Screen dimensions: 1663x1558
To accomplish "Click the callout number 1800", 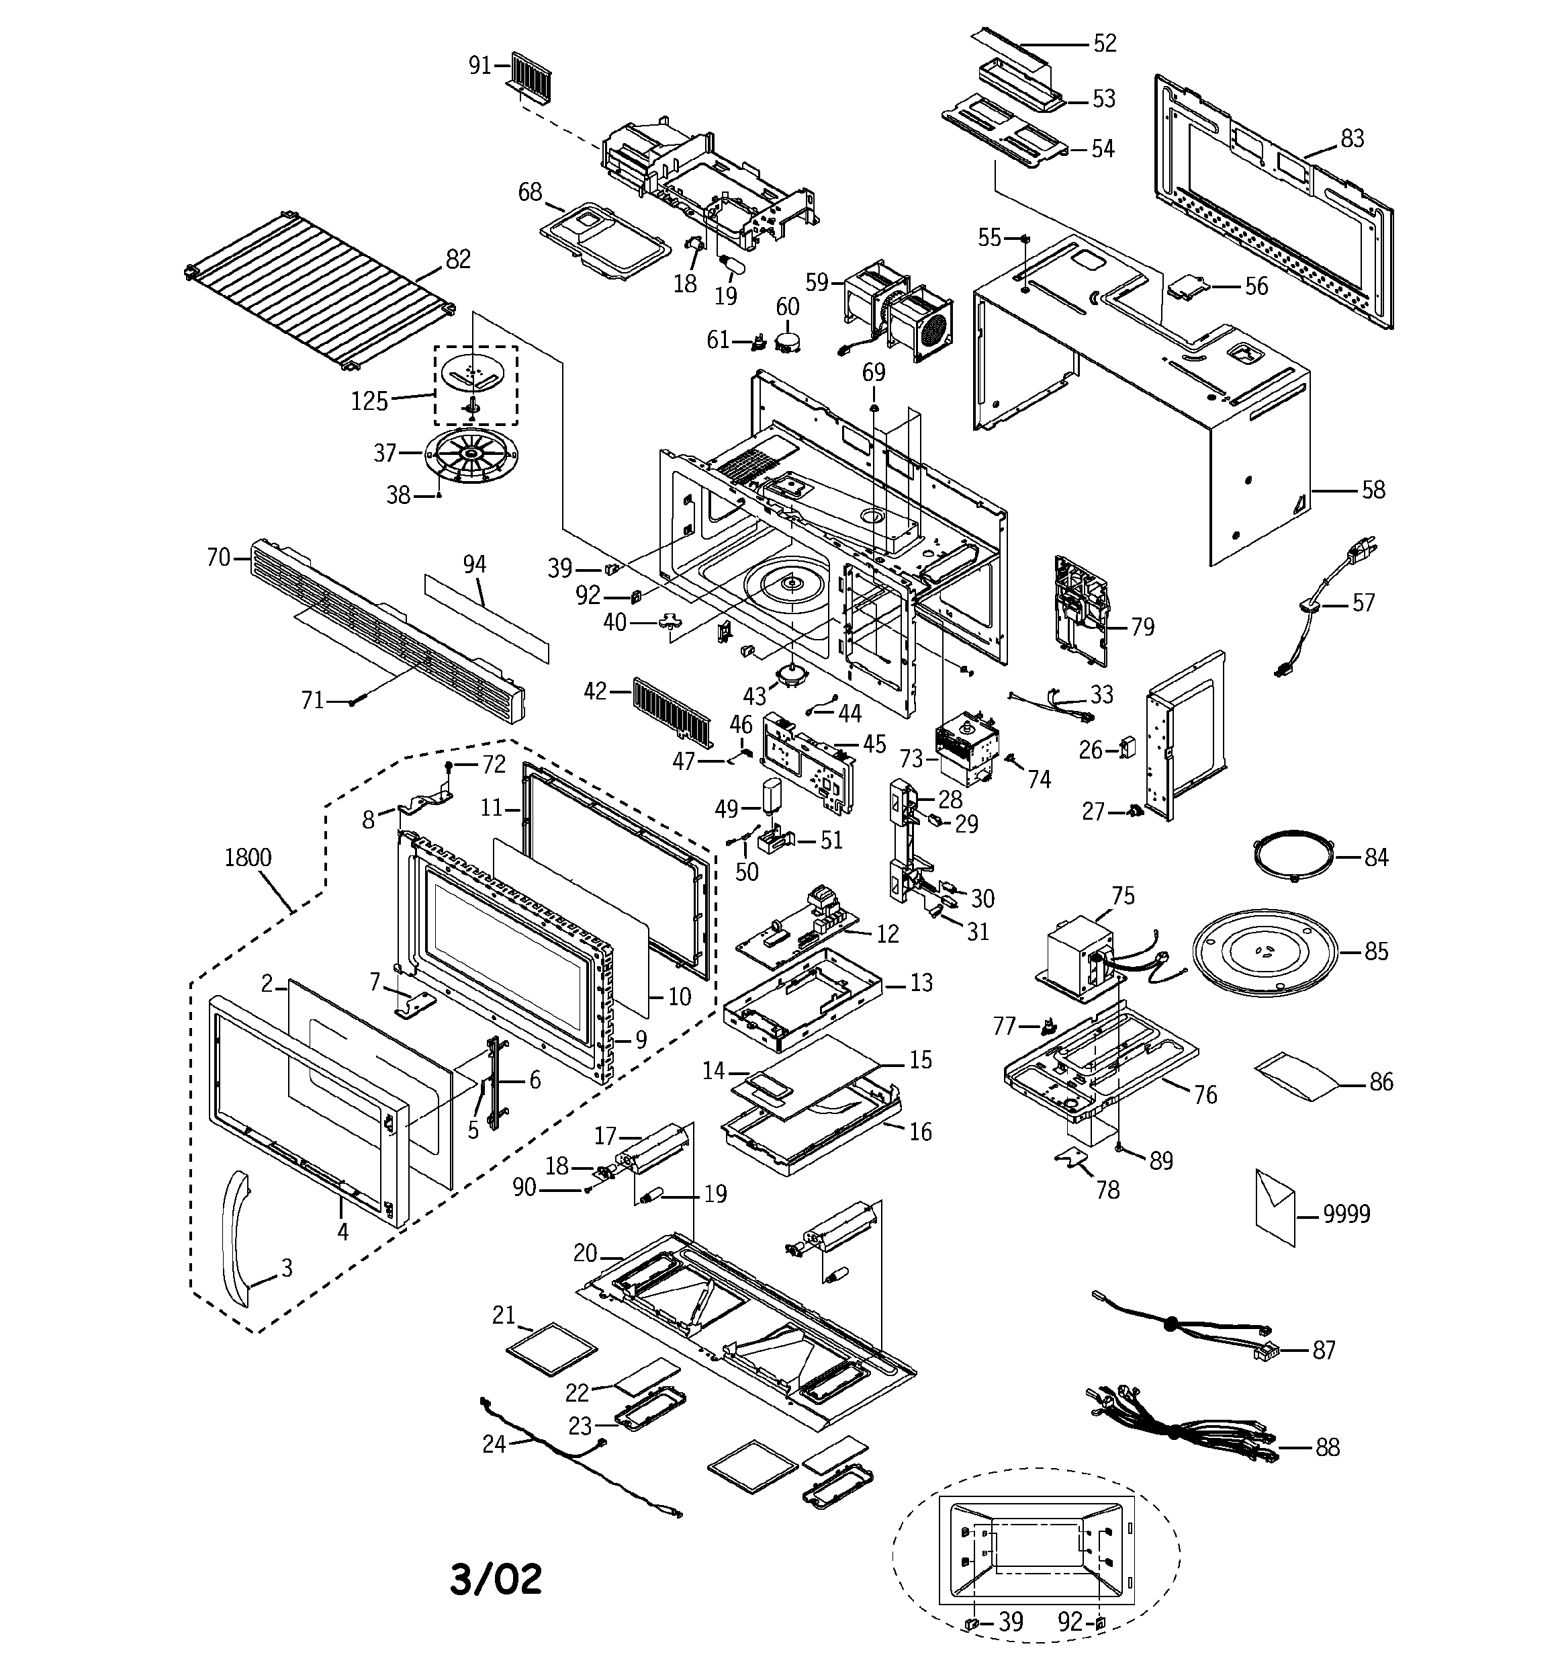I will (x=248, y=857).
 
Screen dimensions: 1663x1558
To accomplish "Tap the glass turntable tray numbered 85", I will (x=1265, y=953).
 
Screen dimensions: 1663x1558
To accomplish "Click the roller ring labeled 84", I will (x=1292, y=856).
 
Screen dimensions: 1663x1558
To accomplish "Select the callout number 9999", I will (x=1346, y=1213).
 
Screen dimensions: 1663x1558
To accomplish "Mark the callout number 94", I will (x=474, y=564).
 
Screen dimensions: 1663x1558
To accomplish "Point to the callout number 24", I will (x=494, y=1444).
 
